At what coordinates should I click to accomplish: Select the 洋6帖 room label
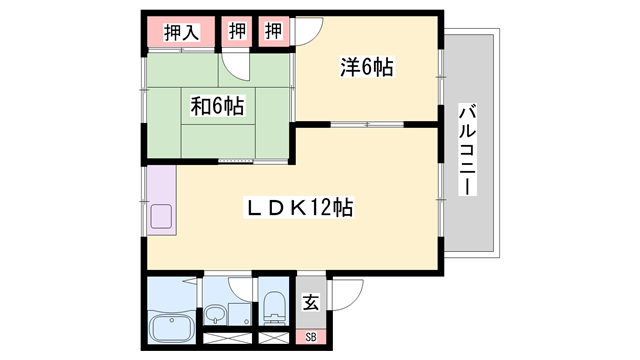(x=366, y=68)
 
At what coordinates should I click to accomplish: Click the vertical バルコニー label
(x=468, y=150)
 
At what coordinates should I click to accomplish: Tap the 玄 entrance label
(x=311, y=301)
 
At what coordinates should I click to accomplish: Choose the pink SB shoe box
(x=311, y=337)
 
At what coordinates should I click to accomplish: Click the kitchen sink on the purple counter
(x=160, y=215)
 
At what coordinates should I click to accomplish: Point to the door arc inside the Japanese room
(x=237, y=66)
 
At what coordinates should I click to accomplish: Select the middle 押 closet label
(x=237, y=31)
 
